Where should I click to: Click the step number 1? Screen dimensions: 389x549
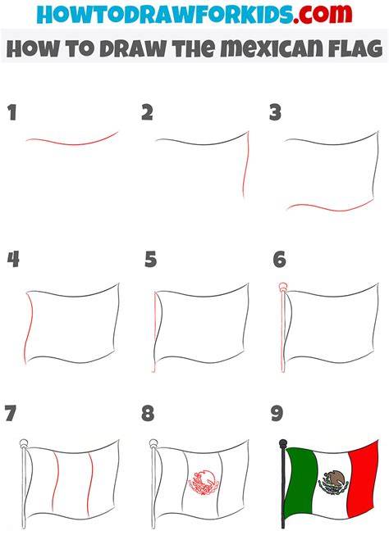(12, 113)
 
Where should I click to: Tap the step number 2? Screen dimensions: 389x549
(148, 112)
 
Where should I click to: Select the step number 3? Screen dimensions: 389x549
(276, 112)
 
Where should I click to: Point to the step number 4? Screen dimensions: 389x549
(13, 260)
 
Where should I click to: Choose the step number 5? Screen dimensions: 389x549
(151, 260)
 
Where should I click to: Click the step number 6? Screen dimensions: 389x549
(280, 260)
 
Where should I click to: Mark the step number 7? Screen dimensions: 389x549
(11, 413)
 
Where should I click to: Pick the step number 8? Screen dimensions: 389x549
(148, 413)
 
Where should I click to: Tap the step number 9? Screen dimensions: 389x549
(277, 413)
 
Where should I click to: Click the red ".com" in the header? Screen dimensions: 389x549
(323, 14)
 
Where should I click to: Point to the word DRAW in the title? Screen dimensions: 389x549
(132, 48)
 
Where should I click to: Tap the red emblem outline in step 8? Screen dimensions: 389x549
(204, 483)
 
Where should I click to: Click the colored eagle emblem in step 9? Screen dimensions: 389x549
(333, 483)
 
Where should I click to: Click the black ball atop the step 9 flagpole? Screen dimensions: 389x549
(282, 443)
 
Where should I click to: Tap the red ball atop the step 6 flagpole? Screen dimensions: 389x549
(282, 287)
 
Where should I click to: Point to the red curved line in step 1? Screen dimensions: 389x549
(72, 143)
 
